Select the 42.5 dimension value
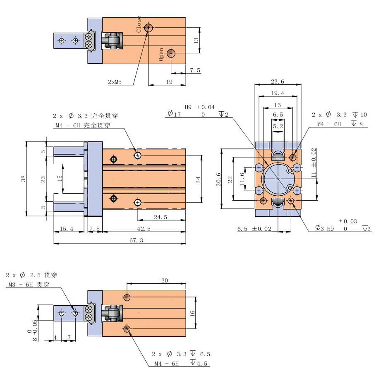(144, 228)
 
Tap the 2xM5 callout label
(115, 82)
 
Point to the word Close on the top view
(139, 24)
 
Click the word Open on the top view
(161, 54)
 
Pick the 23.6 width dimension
(278, 81)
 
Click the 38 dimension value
(24, 178)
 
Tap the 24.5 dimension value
(160, 216)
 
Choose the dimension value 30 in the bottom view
(164, 280)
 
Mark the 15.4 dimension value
(66, 228)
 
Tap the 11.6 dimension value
(242, 178)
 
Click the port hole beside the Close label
(148, 28)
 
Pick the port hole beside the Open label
(171, 53)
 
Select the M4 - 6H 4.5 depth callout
(182, 364)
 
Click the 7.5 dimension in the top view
(195, 70)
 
